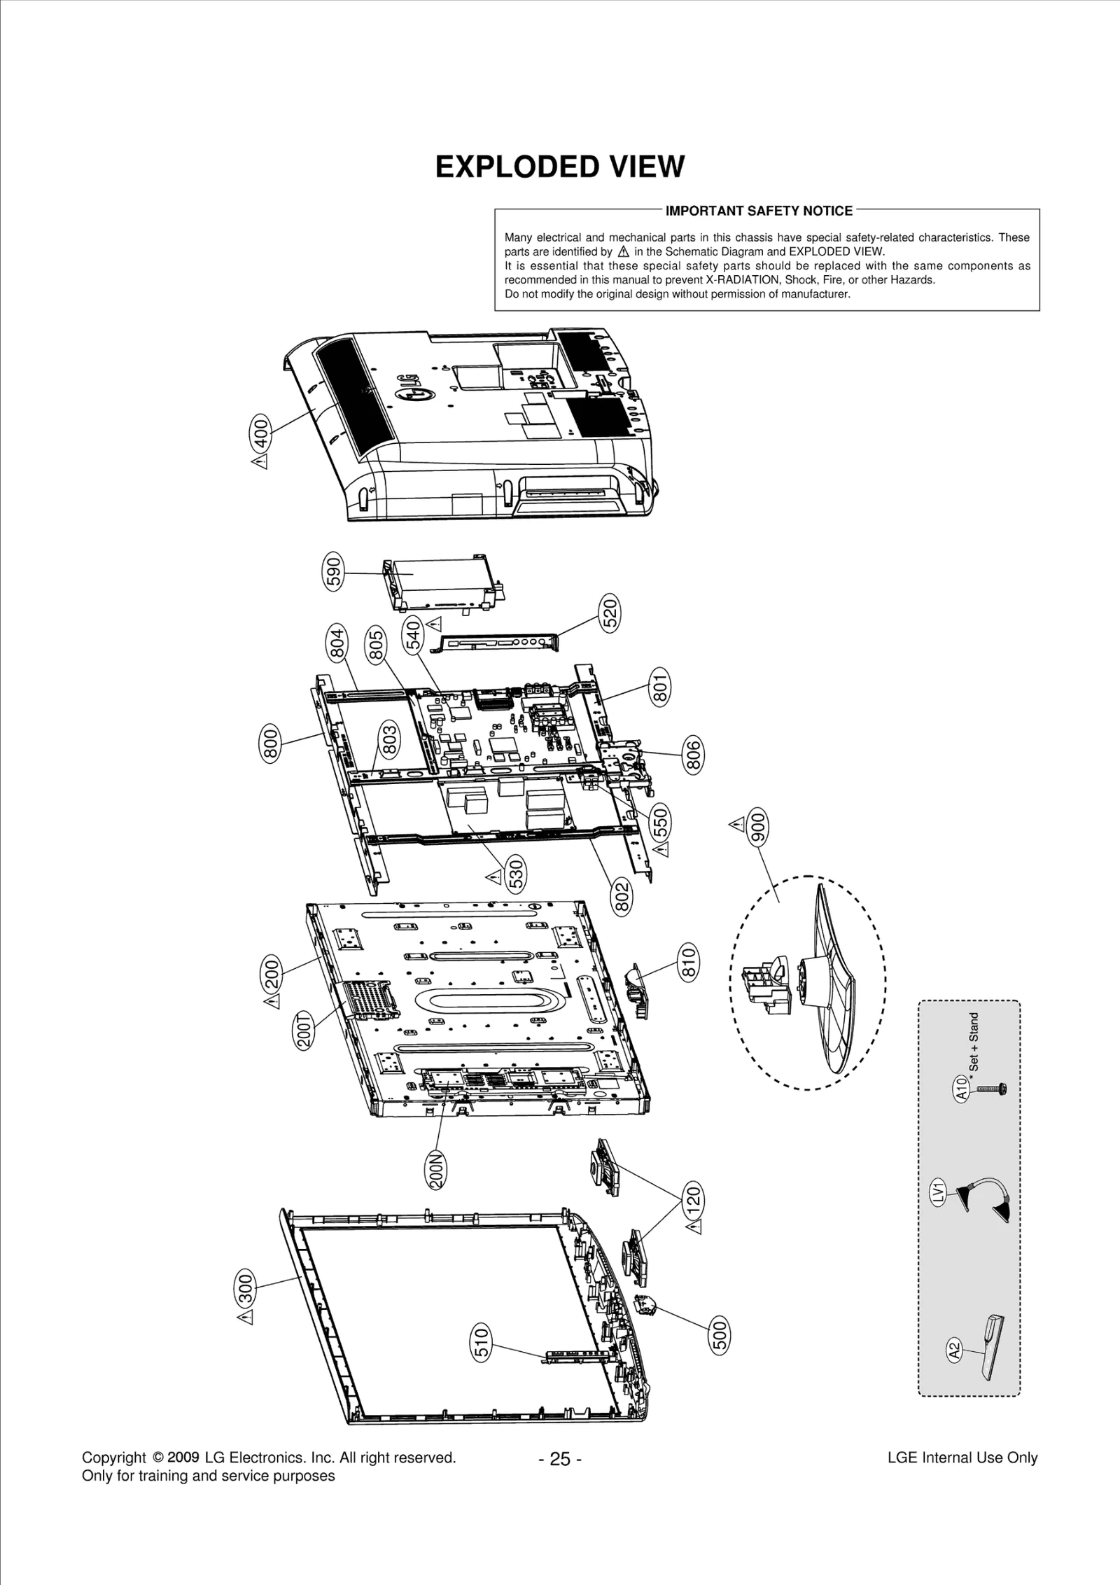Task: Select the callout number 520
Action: tap(611, 613)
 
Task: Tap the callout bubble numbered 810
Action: tap(689, 961)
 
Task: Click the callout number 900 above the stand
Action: tap(758, 828)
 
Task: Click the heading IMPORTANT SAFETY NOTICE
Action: tap(759, 211)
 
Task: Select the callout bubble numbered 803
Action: tap(390, 741)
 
